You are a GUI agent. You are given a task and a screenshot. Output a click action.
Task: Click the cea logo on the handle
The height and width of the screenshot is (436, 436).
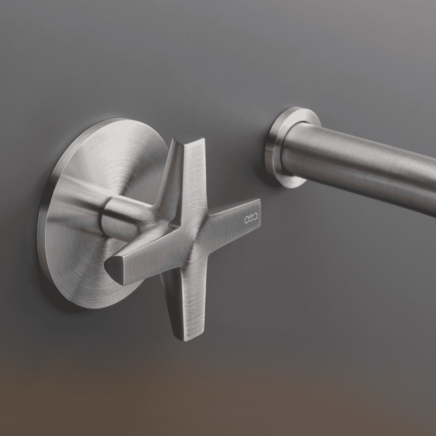tap(251, 220)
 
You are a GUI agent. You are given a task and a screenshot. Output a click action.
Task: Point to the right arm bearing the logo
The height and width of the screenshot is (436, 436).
tap(234, 222)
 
